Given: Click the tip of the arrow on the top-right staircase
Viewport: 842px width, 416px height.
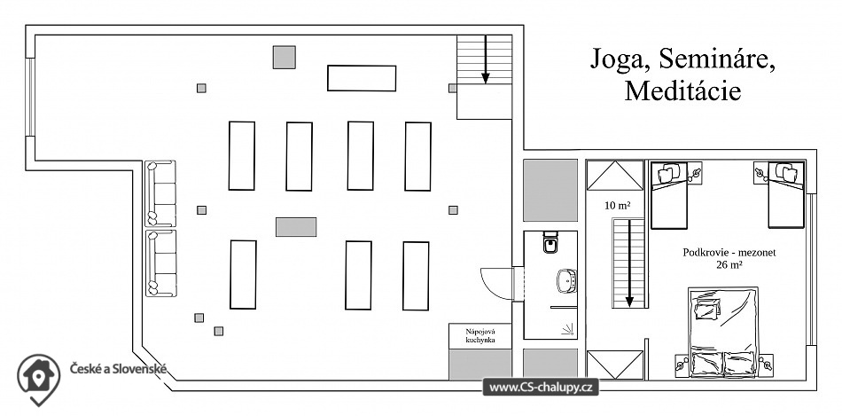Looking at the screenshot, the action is coord(486,84).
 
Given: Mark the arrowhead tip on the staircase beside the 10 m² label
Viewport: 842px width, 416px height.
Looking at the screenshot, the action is coord(628,308).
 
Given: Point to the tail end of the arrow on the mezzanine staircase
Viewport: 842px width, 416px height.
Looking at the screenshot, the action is coord(628,219).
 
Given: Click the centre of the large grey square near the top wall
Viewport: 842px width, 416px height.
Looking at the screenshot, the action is coord(285,57).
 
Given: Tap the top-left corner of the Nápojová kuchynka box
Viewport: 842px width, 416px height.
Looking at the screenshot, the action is coord(449,323).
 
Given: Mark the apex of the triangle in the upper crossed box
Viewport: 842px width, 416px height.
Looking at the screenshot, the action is coord(615,161).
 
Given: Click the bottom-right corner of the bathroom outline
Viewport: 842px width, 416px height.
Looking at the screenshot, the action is coord(577,339).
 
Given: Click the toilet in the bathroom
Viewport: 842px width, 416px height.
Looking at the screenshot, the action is coord(551,242).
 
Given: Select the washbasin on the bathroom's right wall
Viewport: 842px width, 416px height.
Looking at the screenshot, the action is coord(566,280).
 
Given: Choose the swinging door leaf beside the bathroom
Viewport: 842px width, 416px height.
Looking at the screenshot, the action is coord(496,283).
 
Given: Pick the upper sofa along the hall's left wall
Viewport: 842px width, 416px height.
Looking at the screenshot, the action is coord(160,193).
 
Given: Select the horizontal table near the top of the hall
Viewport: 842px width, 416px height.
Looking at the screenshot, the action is coord(362,78).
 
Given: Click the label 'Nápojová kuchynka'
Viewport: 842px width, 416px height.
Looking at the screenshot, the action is coord(480,336).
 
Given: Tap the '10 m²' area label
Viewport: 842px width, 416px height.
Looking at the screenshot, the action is coord(618,205).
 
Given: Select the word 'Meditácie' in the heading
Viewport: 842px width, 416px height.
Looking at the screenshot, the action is coord(682,90).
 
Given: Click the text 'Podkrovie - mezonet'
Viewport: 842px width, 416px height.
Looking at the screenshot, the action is coord(729,252).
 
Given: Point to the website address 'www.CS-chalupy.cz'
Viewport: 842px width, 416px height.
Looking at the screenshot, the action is coord(541,388).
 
